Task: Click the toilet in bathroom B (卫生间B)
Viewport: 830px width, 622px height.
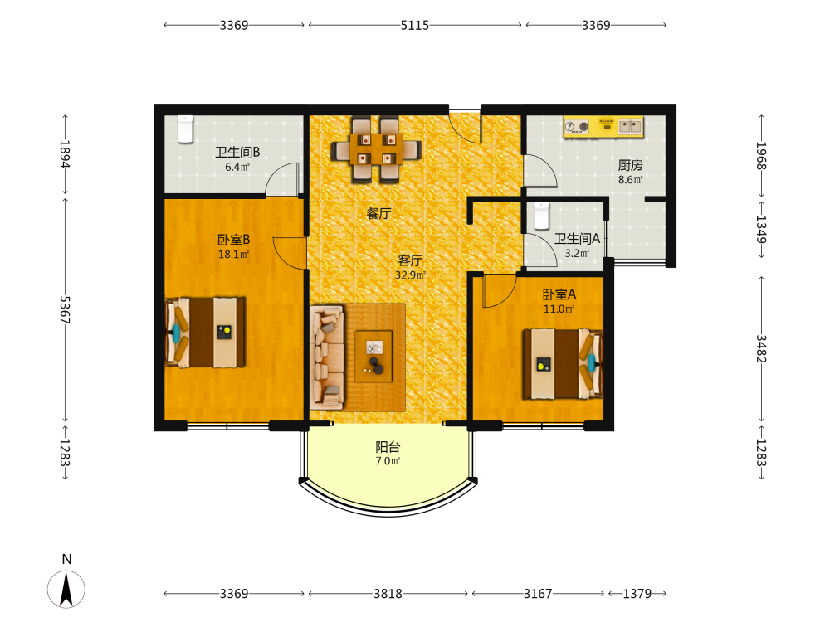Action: coord(185,129)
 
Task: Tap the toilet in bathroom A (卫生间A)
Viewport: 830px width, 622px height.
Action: coord(541,216)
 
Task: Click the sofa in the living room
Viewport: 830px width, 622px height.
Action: coord(327,357)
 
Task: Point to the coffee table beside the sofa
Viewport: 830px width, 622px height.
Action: coord(373,356)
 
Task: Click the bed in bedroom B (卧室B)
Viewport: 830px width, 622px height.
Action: coord(205,333)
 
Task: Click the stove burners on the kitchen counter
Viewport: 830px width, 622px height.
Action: coord(577,126)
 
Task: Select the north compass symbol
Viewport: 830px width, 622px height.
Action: coord(66,588)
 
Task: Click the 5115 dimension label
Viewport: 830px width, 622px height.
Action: coord(414,25)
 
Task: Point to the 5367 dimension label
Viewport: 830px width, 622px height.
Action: coord(65,309)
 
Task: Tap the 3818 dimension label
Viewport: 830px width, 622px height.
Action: coord(388,594)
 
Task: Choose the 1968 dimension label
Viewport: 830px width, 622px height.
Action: coord(761,156)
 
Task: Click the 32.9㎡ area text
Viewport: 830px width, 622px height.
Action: coord(410,275)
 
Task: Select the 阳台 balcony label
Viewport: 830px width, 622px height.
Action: coord(388,447)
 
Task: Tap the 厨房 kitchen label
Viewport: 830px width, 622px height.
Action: coord(630,166)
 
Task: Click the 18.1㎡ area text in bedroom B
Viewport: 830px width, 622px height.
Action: coord(233,255)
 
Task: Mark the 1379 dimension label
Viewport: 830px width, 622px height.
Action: coord(637,594)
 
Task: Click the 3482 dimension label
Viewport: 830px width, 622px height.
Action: coord(761,348)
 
